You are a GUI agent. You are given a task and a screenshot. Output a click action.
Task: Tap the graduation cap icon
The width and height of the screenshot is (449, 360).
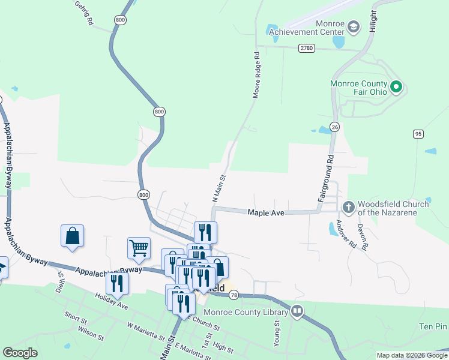[x=354, y=26]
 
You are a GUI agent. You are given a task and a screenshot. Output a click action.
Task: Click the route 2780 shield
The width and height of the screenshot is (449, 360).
[x=306, y=48]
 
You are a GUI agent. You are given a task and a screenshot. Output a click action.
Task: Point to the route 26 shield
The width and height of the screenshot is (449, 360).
[x=335, y=127]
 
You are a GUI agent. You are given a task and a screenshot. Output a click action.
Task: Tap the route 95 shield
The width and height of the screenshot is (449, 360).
[x=418, y=133]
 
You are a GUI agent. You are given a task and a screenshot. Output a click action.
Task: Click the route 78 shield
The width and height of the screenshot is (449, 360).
[x=234, y=295]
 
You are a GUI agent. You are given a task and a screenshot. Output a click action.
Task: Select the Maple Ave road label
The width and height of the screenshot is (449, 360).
[x=266, y=212]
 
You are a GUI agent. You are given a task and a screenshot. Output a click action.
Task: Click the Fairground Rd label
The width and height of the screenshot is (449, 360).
[x=325, y=179]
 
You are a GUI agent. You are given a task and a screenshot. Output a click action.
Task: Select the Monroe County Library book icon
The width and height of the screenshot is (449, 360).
[x=297, y=311]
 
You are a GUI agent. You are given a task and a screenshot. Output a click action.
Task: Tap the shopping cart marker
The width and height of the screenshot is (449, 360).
[x=139, y=247]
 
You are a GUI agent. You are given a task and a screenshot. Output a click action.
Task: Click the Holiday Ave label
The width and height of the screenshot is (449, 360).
[x=111, y=301]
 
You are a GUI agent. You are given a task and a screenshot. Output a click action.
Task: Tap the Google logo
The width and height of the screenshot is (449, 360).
[x=20, y=353]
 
